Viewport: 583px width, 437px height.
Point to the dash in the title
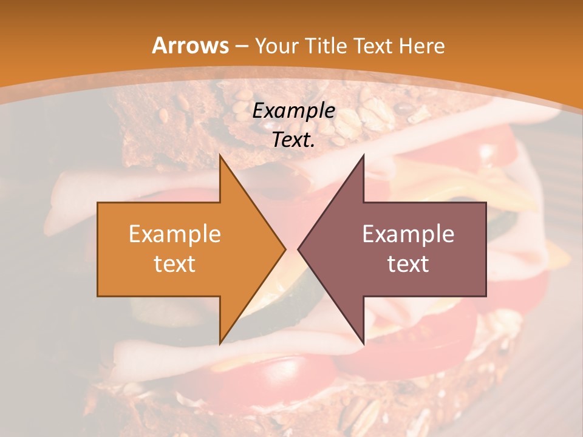(x=241, y=46)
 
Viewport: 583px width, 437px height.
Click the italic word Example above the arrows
(x=294, y=110)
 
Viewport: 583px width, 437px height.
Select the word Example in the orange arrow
(x=175, y=234)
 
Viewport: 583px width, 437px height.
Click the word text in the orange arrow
(x=175, y=263)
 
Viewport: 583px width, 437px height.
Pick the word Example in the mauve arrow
(x=408, y=234)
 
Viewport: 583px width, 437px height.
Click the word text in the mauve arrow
(x=408, y=263)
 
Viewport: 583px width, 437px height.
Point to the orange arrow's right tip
(x=285, y=249)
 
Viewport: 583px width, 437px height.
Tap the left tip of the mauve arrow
(x=298, y=249)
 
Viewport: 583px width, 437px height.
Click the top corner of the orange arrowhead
(x=220, y=155)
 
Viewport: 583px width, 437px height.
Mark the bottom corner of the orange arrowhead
(x=220, y=344)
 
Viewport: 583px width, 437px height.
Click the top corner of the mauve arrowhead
(x=363, y=155)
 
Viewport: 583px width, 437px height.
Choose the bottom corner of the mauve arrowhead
(x=363, y=344)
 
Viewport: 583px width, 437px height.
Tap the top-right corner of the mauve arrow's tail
(x=486, y=203)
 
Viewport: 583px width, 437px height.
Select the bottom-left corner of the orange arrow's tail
(x=98, y=296)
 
